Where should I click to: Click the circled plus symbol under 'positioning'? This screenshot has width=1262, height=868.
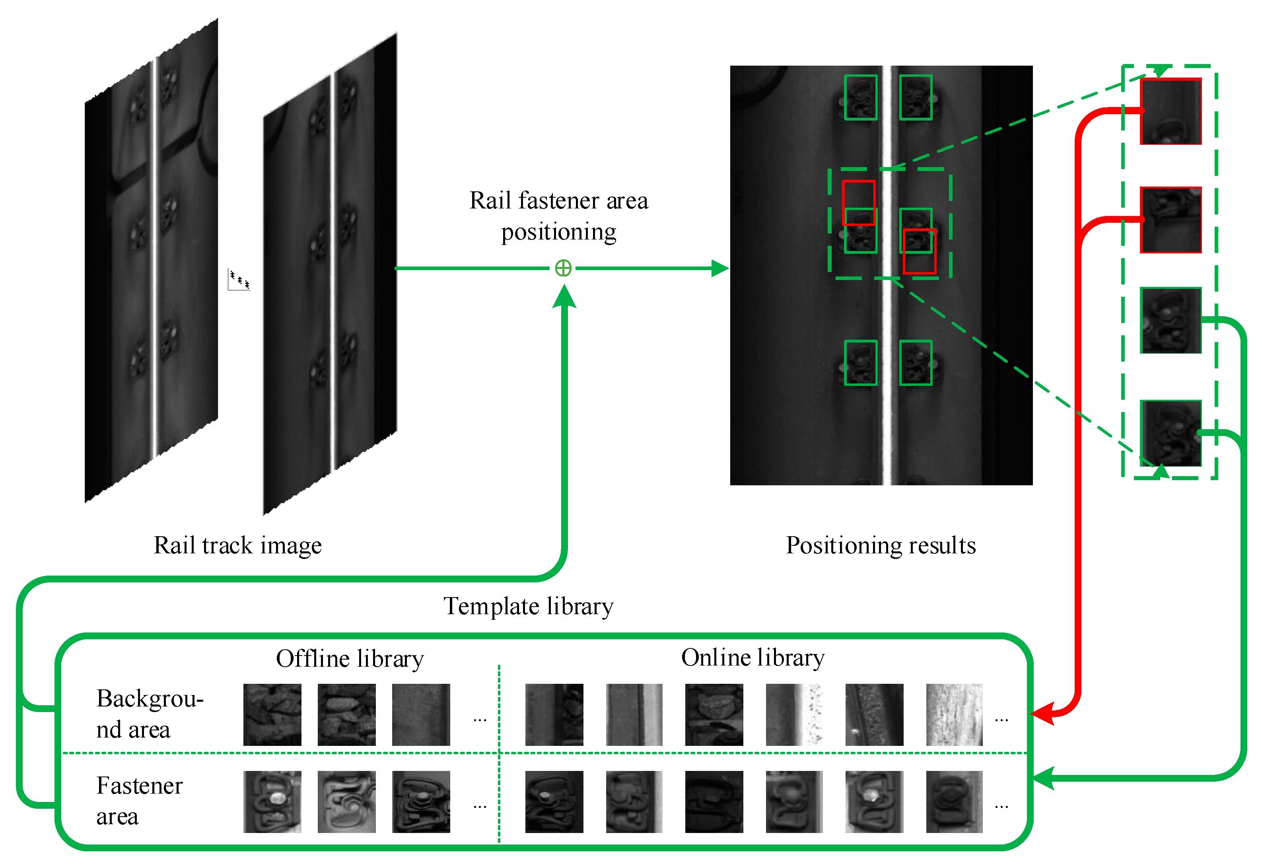(x=563, y=268)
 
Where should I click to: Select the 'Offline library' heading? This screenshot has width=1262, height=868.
(x=350, y=659)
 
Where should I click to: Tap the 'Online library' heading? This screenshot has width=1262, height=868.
(x=753, y=658)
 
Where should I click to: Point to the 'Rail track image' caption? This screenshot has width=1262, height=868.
(x=237, y=545)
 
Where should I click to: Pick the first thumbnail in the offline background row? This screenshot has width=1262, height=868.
(x=272, y=714)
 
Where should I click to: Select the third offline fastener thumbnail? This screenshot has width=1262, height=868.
(x=421, y=802)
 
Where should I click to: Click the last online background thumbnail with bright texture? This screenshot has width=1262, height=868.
(x=954, y=714)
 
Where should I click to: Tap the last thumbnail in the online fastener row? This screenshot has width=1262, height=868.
(x=954, y=802)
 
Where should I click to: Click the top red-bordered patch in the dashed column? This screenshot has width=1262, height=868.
(x=1170, y=111)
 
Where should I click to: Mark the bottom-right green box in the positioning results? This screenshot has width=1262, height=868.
(x=916, y=363)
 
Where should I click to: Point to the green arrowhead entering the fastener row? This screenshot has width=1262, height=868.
(x=1042, y=778)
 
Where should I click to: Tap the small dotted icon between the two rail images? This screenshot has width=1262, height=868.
(x=239, y=280)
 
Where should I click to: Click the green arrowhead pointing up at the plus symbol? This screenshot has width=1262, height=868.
(x=564, y=296)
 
